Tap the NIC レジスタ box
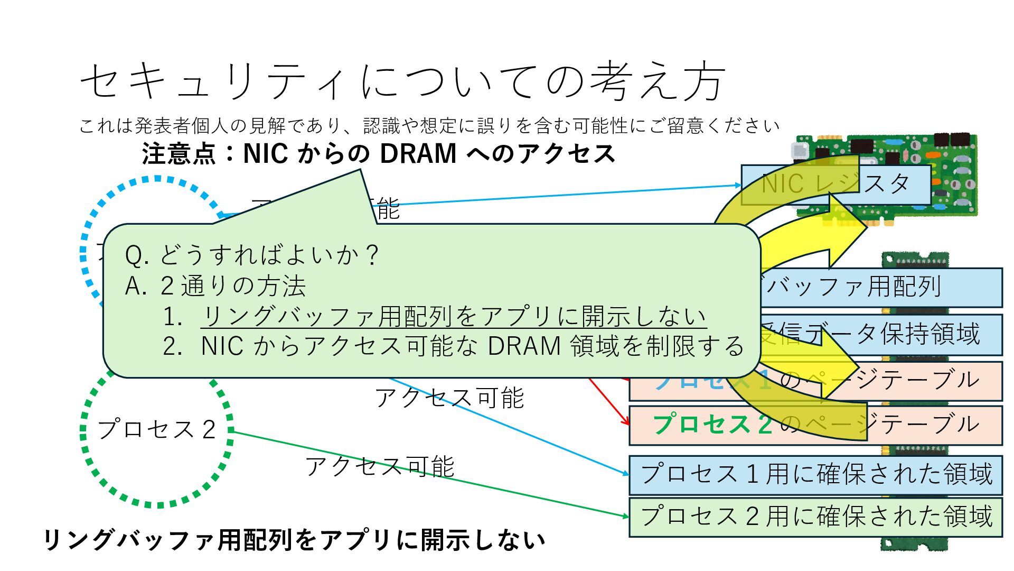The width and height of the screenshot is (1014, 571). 835,185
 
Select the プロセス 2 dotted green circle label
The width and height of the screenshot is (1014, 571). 156,429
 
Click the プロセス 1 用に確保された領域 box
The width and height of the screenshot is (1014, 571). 815,474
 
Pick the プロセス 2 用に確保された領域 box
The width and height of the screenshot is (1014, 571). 815,517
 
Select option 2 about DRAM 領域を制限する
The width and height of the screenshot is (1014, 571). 472,346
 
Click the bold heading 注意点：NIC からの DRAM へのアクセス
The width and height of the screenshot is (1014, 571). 378,154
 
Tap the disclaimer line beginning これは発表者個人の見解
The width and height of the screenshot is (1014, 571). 429,126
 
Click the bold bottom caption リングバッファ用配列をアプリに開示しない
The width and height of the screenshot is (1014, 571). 294,540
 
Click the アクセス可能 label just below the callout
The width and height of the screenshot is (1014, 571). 449,398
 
